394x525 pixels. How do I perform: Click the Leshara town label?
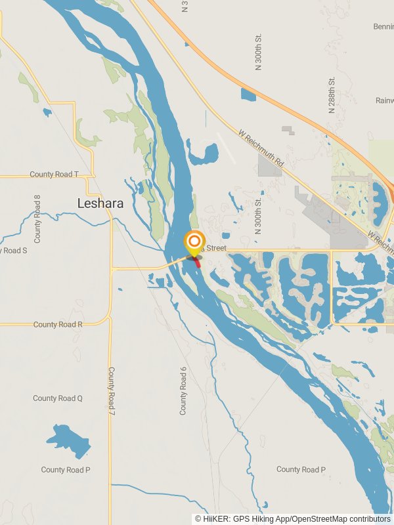100,203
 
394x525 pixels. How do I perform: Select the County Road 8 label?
37,219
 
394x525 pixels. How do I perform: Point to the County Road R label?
58,325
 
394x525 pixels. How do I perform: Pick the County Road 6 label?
184,390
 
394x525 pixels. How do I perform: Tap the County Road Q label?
58,398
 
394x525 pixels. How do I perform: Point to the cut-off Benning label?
383,26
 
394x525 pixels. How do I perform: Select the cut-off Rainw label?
384,100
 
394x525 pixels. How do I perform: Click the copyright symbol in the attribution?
198,518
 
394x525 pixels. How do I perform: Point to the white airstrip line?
226,149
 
